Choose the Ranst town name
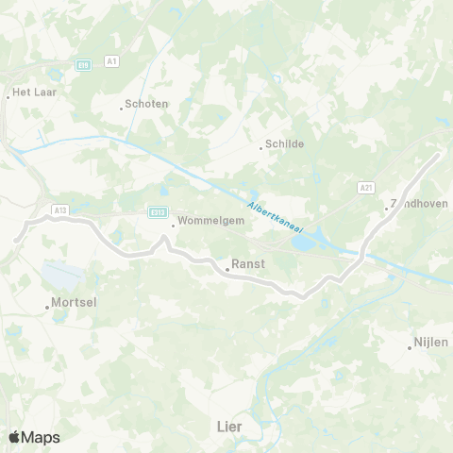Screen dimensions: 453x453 (248, 267)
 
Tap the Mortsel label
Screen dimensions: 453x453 (72, 305)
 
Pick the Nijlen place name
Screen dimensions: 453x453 (432, 344)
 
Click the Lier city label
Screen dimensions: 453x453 (229, 428)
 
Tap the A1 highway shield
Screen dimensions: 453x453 (112, 61)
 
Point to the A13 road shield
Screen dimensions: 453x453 (61, 210)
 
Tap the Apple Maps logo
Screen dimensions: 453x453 (34, 437)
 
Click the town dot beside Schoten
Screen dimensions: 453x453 (122, 107)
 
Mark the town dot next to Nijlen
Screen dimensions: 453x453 (410, 346)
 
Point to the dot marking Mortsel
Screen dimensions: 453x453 (47, 306)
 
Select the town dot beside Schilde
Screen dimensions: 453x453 (260, 147)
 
